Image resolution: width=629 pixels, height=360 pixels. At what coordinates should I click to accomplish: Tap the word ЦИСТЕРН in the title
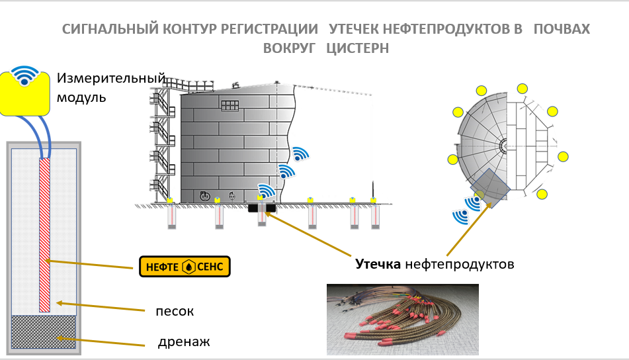click(358, 48)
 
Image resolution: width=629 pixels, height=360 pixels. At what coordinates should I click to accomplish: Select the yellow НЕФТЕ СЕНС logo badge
click(185, 267)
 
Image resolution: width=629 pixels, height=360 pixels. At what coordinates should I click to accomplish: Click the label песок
click(175, 310)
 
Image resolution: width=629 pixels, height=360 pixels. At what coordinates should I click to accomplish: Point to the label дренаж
click(184, 342)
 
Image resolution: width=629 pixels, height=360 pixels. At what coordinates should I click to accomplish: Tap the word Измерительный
click(110, 78)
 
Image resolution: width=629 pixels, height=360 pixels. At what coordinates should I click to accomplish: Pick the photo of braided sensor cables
click(402, 320)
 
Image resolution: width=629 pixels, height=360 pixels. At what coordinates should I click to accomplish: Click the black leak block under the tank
click(263, 208)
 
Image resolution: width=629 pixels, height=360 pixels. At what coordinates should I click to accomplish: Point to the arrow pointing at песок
click(99, 306)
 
